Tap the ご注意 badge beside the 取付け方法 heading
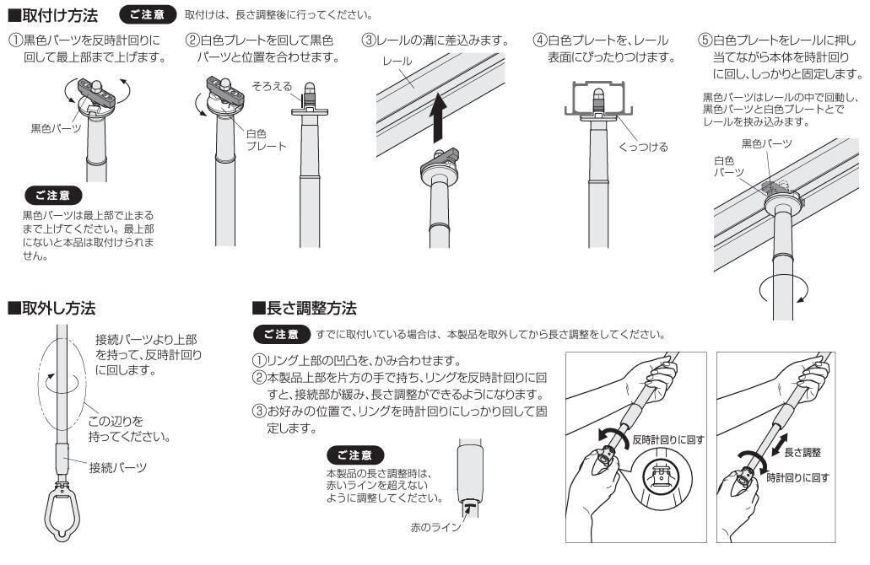[147, 15]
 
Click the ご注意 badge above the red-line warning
[355, 455]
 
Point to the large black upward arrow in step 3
[439, 117]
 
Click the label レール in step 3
[397, 61]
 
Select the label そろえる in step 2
[272, 87]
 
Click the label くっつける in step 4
[643, 147]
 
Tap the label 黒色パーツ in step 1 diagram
[56, 129]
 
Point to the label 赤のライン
[435, 527]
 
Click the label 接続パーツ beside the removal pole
[118, 467]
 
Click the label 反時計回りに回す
[668, 439]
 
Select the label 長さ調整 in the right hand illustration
[802, 453]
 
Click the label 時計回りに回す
[798, 477]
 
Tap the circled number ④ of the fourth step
[540, 40]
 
